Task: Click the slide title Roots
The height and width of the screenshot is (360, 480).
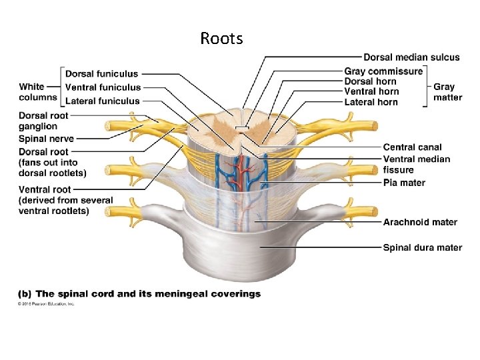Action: (x=221, y=39)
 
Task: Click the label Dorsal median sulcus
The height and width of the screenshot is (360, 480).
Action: (x=411, y=57)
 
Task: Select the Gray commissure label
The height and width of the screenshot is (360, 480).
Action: (x=383, y=71)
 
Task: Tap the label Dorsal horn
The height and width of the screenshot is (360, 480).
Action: (x=370, y=81)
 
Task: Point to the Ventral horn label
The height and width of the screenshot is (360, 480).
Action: (x=371, y=91)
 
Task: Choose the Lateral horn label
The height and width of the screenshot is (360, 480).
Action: (x=371, y=102)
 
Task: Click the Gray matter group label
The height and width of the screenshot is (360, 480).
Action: (x=447, y=92)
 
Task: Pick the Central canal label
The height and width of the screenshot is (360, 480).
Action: (x=412, y=147)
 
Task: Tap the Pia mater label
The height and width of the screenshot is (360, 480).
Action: (x=404, y=183)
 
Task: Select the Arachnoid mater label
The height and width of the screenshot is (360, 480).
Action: (x=420, y=222)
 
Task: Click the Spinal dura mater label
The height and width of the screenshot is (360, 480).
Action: (x=422, y=247)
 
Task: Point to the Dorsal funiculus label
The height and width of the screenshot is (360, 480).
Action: (x=102, y=73)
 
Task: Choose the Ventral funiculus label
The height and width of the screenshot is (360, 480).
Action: (x=103, y=87)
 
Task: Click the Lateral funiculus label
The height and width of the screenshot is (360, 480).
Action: (x=103, y=101)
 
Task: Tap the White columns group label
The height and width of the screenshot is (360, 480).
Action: (x=37, y=92)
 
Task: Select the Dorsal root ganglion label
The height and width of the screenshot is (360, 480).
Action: (x=43, y=121)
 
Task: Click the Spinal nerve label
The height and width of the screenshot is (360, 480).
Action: (x=46, y=139)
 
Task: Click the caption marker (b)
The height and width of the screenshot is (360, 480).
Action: (x=24, y=293)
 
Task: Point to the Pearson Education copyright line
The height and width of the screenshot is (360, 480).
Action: (x=46, y=304)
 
